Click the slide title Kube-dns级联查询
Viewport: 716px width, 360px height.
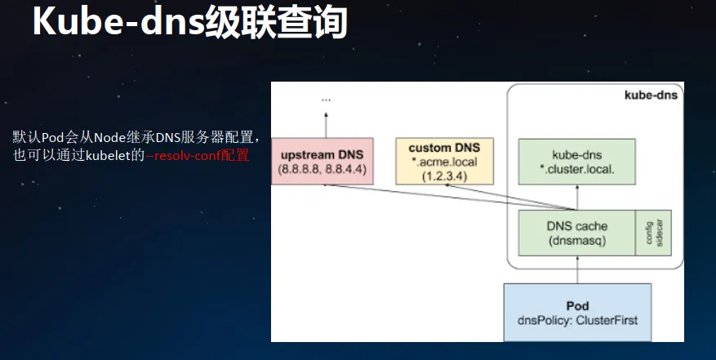pos(190,21)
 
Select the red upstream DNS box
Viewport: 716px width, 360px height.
pos(322,162)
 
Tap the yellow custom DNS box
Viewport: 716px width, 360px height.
pos(444,162)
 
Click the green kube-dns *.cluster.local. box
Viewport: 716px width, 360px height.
pos(576,162)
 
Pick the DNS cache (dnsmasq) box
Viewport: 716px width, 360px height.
pos(576,233)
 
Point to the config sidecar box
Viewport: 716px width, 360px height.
pos(653,233)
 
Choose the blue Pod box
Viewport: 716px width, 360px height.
pos(577,313)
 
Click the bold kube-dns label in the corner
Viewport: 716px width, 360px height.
pos(651,95)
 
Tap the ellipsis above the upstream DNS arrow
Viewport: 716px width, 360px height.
pos(326,100)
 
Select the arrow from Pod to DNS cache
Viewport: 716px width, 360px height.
pos(577,269)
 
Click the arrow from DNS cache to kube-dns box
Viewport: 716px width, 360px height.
pos(577,198)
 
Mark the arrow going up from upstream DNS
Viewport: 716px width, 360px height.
pos(326,125)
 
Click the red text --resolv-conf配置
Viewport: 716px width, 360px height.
pos(198,155)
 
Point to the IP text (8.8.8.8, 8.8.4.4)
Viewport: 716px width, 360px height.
pos(322,170)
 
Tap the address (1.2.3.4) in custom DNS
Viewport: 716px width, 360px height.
pos(444,176)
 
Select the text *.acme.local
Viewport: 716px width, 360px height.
pos(444,162)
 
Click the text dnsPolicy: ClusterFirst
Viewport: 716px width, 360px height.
pos(577,320)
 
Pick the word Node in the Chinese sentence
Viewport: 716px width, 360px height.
pos(108,137)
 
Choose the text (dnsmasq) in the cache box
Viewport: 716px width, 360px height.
pos(576,241)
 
